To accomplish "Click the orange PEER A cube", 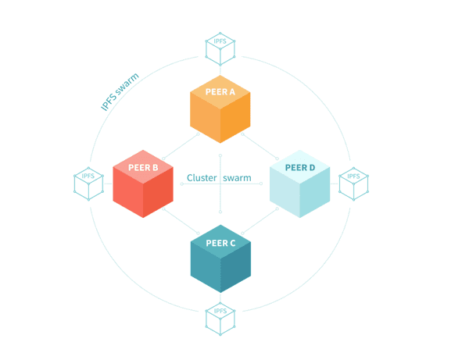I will click(220, 109).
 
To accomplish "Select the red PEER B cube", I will click(143, 184).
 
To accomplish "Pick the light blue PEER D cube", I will click(299, 184).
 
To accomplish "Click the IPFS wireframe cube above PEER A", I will click(220, 48).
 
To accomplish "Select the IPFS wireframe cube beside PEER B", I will click(88, 184).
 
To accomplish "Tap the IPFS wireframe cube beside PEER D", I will click(353, 184).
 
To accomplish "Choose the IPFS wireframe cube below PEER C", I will click(220, 318).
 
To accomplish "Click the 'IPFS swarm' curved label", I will click(120, 92).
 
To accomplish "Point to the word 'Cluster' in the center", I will click(202, 178).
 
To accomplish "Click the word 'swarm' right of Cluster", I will click(237, 178).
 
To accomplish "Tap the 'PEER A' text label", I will click(220, 91).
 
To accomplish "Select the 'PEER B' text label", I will click(144, 167).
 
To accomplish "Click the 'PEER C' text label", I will click(220, 243).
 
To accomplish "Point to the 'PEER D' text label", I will click(300, 167).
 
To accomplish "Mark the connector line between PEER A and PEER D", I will click(258, 148).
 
